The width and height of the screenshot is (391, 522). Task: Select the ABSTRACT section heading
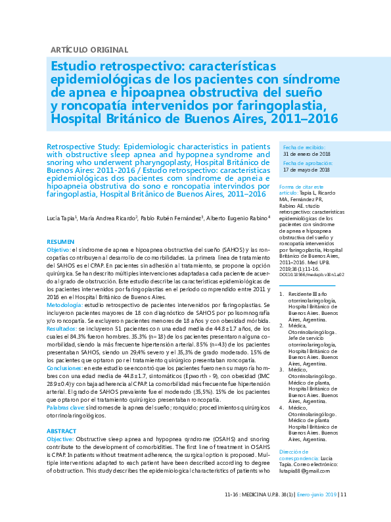coord(62,431)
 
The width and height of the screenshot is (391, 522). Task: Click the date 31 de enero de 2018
coord(306,154)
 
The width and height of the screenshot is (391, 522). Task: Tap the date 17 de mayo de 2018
coord(306,170)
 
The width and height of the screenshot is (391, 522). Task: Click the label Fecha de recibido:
coord(303,147)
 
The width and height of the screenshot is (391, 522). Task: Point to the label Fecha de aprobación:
coord(306,162)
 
